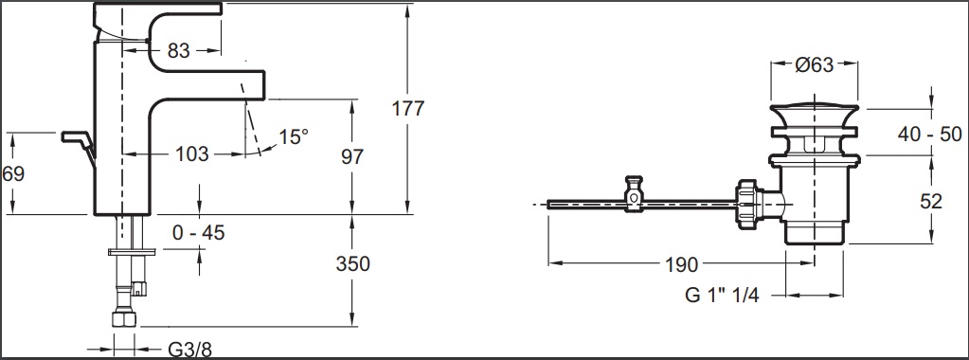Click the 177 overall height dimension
coord(408,108)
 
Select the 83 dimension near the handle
coord(179,51)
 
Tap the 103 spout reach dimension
coord(192,154)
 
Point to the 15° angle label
coord(293,136)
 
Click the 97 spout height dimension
coord(352,156)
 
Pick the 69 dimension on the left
coord(13,173)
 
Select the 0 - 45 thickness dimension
coord(198,232)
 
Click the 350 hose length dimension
coord(353,263)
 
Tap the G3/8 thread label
coord(189,351)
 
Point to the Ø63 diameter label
coord(815,64)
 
